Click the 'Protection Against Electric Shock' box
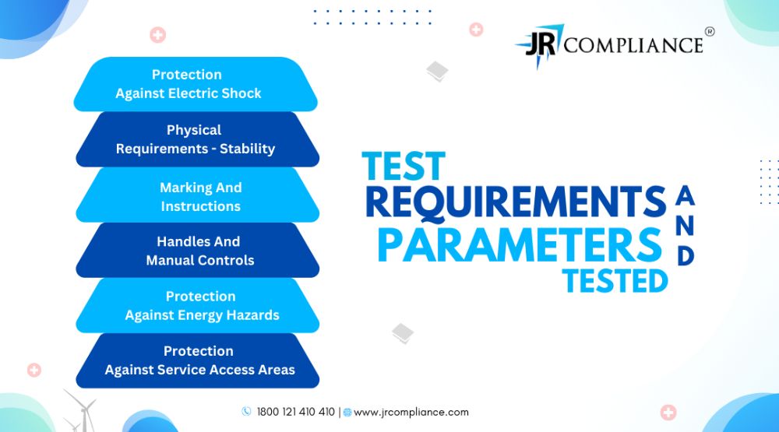pos(196,84)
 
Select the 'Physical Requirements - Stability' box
pos(197,139)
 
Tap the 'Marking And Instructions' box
pos(197,195)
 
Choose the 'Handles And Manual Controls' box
pos(197,251)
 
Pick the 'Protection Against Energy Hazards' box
pos(197,305)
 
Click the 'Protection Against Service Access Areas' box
pos(197,360)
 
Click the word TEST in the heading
pos(404,167)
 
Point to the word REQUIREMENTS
pos(516,202)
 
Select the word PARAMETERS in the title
pos(520,244)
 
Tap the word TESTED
pos(615,281)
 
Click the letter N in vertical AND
pos(685,226)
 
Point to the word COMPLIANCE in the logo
pos(633,45)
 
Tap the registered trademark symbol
pos(710,31)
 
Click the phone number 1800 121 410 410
pos(295,412)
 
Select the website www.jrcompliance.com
pos(411,412)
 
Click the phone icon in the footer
pos(246,411)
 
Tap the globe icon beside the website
pos(347,412)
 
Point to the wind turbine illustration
pos(83,411)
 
